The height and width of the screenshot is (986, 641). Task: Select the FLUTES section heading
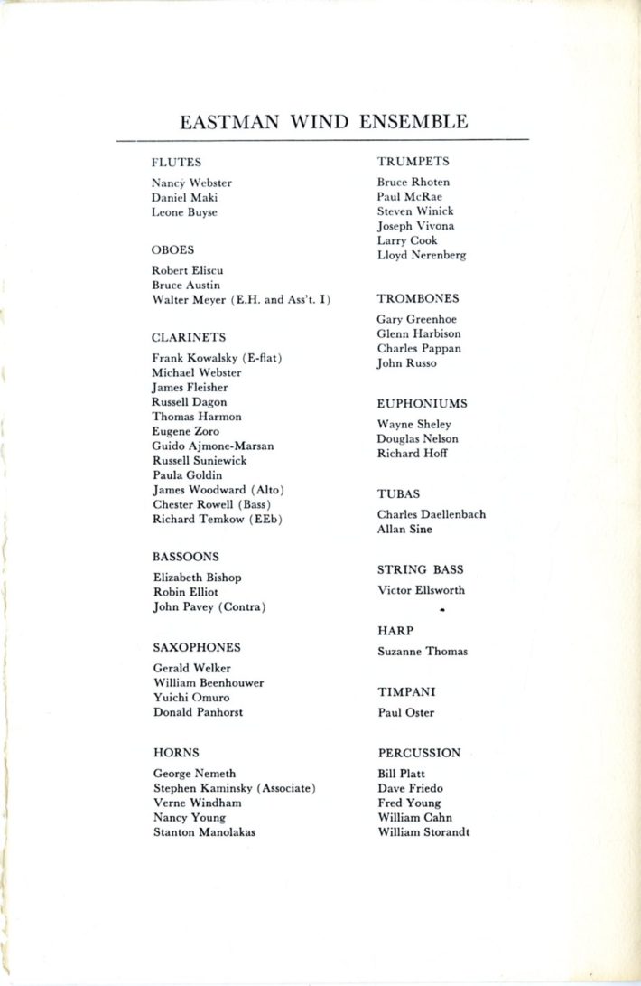[x=176, y=163]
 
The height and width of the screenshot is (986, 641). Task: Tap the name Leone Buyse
[x=184, y=212]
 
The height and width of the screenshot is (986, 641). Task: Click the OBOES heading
[x=172, y=249]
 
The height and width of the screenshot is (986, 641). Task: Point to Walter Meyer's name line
[x=241, y=299]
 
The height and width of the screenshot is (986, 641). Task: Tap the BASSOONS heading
[x=185, y=557]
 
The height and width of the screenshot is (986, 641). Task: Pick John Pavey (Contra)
[x=209, y=606]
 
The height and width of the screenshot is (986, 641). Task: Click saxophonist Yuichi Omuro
[x=190, y=698]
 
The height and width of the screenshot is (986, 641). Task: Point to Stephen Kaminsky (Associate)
[x=234, y=789]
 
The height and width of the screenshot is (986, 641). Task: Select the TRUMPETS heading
[x=413, y=162]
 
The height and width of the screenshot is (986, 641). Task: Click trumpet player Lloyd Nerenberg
[x=422, y=256]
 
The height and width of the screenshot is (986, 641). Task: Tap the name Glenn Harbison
[x=418, y=333]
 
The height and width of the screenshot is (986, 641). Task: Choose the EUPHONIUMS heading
[x=422, y=404]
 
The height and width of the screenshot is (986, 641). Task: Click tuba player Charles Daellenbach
[x=431, y=514]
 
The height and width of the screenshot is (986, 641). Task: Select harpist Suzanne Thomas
[x=422, y=652]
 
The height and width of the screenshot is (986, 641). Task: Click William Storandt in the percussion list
[x=423, y=832]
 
